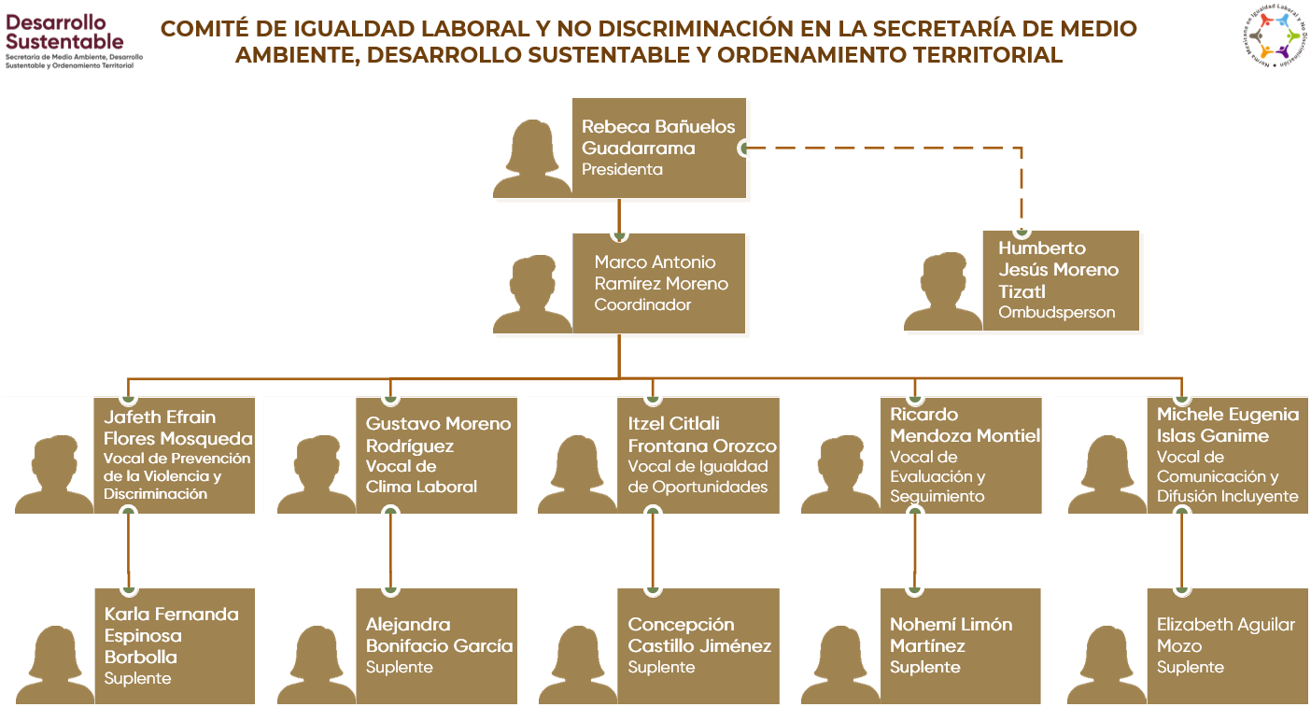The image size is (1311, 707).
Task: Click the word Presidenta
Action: (x=622, y=170)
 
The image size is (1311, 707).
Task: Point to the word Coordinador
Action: (x=642, y=305)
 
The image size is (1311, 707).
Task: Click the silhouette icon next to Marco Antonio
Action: (x=532, y=294)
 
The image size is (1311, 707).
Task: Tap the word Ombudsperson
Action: (x=1056, y=313)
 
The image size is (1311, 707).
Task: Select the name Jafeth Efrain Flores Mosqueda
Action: (x=177, y=428)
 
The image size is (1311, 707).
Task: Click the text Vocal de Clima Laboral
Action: (x=421, y=476)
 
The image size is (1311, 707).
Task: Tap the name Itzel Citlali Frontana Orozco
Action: (x=701, y=435)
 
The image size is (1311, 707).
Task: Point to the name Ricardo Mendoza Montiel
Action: (x=965, y=426)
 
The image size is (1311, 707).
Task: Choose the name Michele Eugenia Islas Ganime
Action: (x=1227, y=425)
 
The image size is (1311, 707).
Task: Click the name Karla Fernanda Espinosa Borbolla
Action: (x=171, y=635)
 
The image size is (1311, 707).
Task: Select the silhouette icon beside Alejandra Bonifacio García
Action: (x=317, y=664)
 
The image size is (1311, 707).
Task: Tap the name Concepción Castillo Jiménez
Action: (x=699, y=635)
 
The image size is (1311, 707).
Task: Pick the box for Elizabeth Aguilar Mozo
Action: (x=1227, y=645)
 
